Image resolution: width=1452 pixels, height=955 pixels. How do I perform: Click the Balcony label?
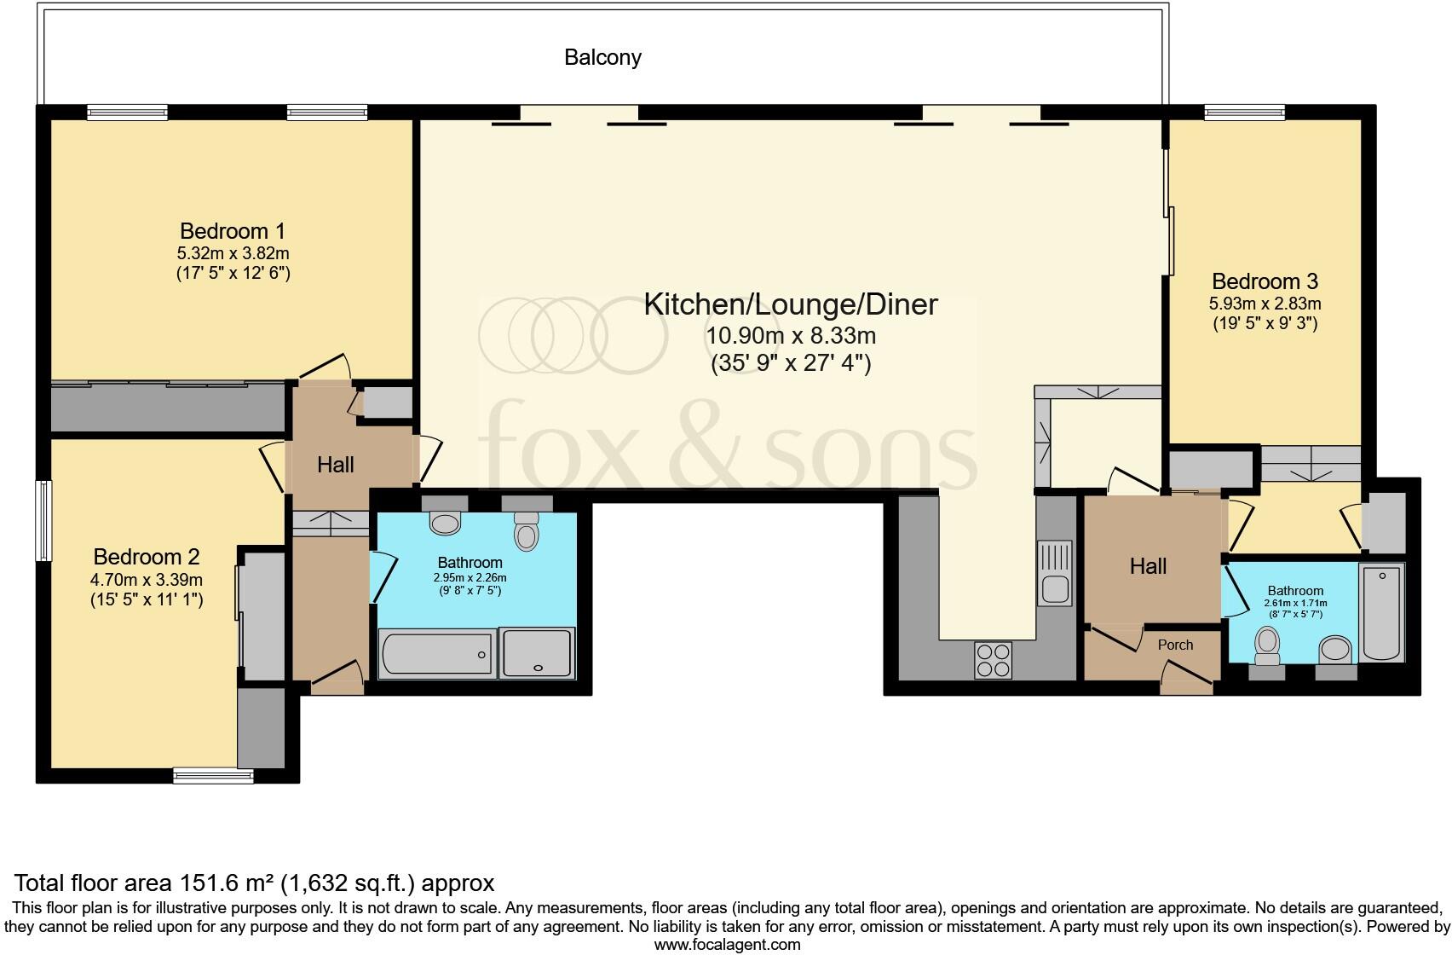coord(602,57)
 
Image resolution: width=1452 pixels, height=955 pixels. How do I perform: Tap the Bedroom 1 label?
coord(233,231)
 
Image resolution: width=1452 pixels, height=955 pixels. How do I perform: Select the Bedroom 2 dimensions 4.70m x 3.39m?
coord(147,579)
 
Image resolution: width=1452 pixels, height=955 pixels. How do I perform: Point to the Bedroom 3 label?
coord(1265,281)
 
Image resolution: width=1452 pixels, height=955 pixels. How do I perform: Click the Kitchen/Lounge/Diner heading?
coord(791,304)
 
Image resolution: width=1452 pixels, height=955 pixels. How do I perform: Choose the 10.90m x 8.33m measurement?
coord(791,335)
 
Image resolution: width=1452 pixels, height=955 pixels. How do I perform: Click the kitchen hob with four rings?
coord(993,660)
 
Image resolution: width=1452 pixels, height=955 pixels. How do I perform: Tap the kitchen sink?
coord(1055,573)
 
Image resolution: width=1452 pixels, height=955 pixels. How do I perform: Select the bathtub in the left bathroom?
coord(437,654)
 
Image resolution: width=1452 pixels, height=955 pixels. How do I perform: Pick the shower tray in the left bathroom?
coord(537,652)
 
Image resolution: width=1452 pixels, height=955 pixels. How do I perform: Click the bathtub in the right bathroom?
coord(1381,612)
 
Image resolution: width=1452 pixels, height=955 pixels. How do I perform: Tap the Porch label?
coord(1175,645)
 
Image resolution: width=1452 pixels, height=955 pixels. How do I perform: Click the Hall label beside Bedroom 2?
coord(336,465)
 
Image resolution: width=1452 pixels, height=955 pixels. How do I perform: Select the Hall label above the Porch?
coord(1148,566)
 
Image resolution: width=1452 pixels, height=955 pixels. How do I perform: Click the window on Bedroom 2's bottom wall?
coord(213,776)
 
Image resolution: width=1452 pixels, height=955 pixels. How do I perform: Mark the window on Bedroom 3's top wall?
coord(1245,113)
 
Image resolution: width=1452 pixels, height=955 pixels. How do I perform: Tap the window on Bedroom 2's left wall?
coord(43,520)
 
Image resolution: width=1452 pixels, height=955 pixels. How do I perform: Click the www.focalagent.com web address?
coord(728,945)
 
